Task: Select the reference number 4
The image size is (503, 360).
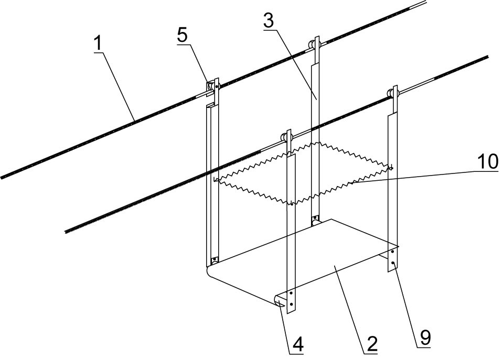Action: [x=297, y=344]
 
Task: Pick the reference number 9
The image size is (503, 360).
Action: [x=423, y=337]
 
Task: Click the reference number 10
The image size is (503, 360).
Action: [x=487, y=162]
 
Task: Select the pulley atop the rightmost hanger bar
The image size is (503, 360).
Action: [x=391, y=94]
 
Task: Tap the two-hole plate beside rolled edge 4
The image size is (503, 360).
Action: [x=291, y=299]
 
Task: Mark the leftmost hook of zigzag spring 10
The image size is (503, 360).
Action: [x=216, y=180]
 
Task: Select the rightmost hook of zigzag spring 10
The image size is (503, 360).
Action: [x=391, y=168]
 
